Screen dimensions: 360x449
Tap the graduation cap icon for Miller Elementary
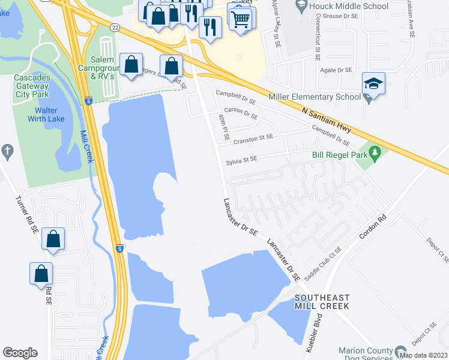point(373,85)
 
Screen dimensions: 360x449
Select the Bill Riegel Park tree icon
point(375,154)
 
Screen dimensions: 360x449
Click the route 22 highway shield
point(114,26)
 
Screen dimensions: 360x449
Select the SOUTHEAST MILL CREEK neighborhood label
point(322,302)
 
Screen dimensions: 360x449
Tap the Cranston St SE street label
point(253,137)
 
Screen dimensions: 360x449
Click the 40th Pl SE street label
point(224,127)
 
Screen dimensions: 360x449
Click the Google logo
point(20,353)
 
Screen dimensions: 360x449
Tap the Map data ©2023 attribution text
point(423,355)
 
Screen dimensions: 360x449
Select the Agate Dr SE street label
point(336,70)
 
